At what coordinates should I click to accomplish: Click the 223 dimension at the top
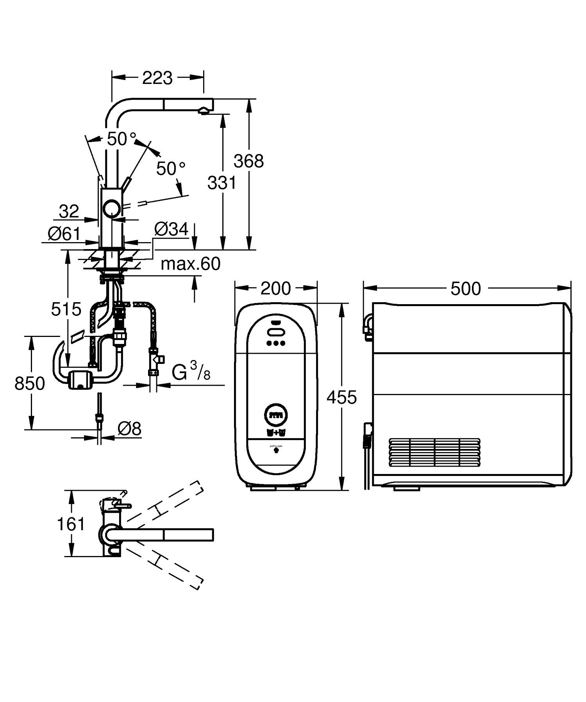point(157,78)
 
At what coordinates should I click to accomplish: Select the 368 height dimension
point(248,160)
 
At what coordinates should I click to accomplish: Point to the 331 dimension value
point(222,182)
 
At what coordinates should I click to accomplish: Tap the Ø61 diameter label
point(64,234)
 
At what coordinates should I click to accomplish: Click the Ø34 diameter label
point(171,229)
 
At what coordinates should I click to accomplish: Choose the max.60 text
point(191,264)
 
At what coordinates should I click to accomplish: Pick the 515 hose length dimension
point(66,309)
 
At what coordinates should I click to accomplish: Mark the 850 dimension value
point(30,383)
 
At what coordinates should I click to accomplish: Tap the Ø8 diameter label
point(129,429)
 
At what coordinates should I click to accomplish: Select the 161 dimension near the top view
point(71,524)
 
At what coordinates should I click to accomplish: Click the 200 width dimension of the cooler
point(275,289)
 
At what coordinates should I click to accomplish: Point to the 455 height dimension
point(342,397)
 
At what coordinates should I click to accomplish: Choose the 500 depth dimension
point(465,289)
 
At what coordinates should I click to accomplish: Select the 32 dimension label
point(69,212)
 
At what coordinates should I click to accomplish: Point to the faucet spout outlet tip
point(204,111)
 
